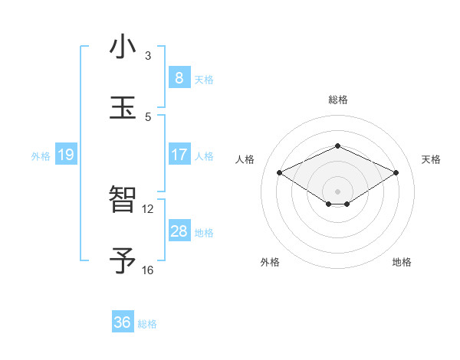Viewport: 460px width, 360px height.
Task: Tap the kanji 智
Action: (x=123, y=200)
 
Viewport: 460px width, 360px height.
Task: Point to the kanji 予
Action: (x=123, y=260)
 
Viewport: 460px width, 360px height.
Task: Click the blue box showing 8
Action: (x=179, y=78)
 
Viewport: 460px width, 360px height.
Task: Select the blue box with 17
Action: (x=179, y=155)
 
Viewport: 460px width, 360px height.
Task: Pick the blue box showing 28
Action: (x=179, y=231)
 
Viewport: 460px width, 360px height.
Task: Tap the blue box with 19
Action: (x=65, y=155)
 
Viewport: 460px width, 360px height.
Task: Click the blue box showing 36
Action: (x=122, y=322)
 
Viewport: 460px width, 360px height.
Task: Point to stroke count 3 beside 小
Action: (x=148, y=56)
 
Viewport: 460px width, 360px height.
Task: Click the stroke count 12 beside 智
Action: (x=148, y=209)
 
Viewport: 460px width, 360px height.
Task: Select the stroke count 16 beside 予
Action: (x=148, y=270)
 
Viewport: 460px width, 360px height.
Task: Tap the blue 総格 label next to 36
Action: (x=147, y=324)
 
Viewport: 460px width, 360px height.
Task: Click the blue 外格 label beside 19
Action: (x=41, y=156)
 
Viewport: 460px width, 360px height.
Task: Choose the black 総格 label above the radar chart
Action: (x=337, y=100)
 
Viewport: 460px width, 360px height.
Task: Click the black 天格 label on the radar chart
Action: (x=431, y=159)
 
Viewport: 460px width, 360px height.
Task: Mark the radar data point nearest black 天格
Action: (x=396, y=173)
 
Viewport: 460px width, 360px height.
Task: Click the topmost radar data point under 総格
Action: (x=337, y=146)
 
